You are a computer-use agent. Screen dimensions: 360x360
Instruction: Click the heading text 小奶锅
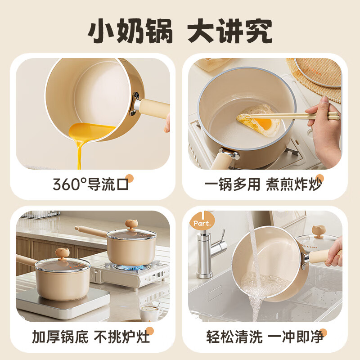click(130, 31)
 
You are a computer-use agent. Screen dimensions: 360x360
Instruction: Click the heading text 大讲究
click(230, 31)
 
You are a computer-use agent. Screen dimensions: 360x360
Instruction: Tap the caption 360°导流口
click(90, 184)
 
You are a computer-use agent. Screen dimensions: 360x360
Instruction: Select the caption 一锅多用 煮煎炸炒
click(263, 184)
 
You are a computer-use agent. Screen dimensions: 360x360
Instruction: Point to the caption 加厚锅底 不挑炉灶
click(91, 337)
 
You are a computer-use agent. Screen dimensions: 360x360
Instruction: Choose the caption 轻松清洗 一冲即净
click(265, 337)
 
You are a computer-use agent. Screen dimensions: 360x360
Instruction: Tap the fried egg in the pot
click(259, 120)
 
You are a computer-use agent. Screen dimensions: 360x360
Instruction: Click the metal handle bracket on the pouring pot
click(135, 104)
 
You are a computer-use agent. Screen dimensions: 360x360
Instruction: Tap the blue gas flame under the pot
click(131, 267)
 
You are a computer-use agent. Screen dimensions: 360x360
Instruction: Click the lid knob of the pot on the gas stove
click(131, 224)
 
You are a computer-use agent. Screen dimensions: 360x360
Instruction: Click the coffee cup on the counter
click(150, 313)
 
